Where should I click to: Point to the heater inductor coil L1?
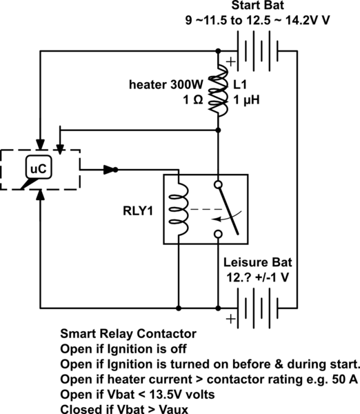[x=219, y=90]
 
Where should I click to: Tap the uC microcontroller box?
[x=35, y=167]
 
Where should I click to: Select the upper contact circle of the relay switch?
[x=219, y=185]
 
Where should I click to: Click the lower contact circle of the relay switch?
[x=219, y=235]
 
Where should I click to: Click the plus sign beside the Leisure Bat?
[x=230, y=319]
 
